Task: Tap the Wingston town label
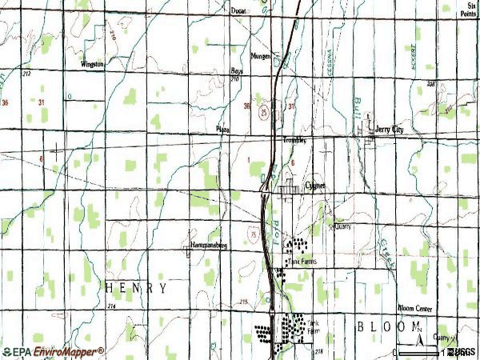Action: pos(93,64)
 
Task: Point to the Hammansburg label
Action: pos(210,246)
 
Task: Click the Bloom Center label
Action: pos(415,308)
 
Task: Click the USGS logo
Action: pos(462,352)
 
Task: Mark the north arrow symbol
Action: pos(418,326)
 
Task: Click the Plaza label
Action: pos(223,127)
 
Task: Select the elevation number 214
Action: pos(111,307)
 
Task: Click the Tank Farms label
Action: pos(302,261)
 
